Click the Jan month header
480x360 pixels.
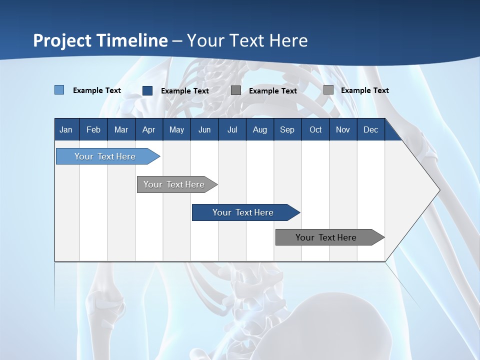coord(66,129)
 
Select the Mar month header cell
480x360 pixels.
coord(121,129)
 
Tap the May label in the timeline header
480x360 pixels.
coord(176,129)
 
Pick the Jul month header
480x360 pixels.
coord(232,129)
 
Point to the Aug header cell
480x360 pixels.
coord(259,129)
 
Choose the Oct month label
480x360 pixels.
coord(315,129)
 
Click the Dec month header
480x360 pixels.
coord(370,129)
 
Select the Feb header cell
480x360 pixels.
coord(93,129)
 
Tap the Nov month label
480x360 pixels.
coord(343,129)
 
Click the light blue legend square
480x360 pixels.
coord(59,90)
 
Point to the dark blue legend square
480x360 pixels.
coord(147,90)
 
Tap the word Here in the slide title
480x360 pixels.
coord(288,40)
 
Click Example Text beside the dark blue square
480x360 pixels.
coord(184,91)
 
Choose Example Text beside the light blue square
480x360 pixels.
coord(96,90)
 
